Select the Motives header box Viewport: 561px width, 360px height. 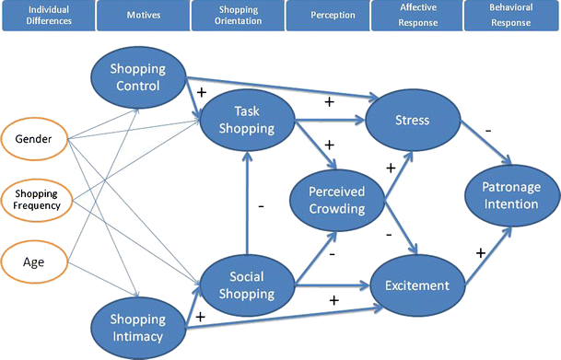click(x=142, y=15)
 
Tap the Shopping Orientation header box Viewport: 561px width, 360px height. click(x=236, y=15)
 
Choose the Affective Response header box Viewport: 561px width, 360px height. click(x=417, y=15)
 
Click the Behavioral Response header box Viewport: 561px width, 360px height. click(x=509, y=15)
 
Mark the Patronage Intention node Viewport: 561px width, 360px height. click(x=508, y=193)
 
